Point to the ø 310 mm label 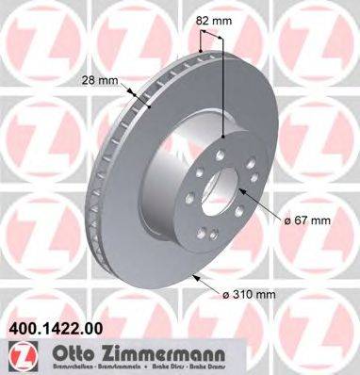(x=251, y=295)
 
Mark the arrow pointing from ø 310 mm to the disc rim (x=203, y=284)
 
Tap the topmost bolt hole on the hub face (x=218, y=139)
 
